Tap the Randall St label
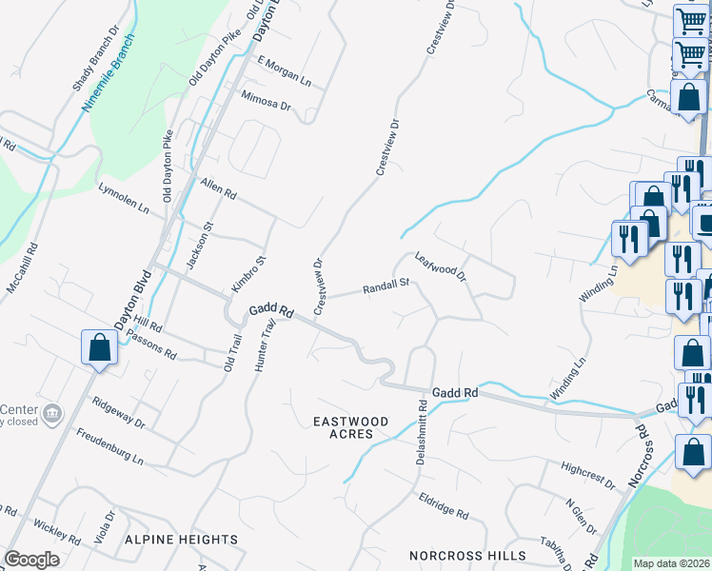385,285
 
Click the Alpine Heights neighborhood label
181,539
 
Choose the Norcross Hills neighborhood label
466,555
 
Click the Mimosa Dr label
266,98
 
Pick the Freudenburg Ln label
110,446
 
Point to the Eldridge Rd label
444,505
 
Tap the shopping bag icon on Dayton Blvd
100,348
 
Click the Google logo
31,560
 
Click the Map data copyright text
671,563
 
